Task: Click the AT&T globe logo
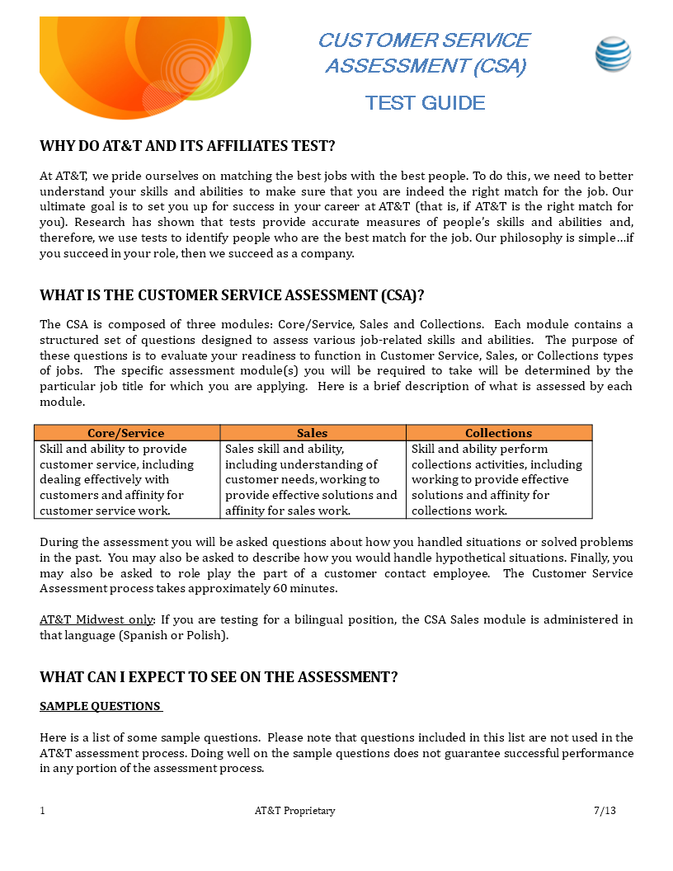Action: [613, 54]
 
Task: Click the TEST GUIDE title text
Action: [425, 103]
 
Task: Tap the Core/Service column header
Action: [126, 433]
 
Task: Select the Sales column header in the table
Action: [313, 433]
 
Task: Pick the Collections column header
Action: [498, 433]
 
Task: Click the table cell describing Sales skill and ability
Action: [312, 480]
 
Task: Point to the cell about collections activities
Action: [498, 480]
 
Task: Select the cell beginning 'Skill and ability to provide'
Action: [126, 480]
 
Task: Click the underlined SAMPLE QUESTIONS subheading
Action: [101, 707]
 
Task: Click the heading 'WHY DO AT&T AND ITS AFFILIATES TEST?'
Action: [187, 146]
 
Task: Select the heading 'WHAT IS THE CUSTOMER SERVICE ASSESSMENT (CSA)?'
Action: [232, 295]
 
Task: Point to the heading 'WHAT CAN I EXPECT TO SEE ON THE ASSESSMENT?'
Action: [219, 677]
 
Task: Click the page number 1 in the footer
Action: [43, 811]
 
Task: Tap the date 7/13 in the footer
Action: [605, 811]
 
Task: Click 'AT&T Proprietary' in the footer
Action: [294, 811]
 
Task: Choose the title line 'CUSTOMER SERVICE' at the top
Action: [424, 40]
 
